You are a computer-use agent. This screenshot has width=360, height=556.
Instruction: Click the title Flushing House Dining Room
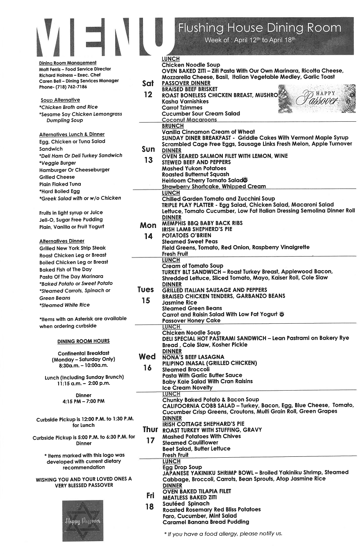259,28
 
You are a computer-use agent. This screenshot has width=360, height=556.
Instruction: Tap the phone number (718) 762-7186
70,87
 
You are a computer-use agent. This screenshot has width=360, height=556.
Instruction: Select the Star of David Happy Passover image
83,521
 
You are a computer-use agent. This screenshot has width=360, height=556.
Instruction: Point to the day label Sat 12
148,89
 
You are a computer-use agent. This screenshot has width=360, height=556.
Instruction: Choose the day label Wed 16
147,362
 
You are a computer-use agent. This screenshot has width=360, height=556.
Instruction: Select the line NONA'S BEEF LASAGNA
193,357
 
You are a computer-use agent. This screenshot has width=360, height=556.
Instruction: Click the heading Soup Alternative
60,100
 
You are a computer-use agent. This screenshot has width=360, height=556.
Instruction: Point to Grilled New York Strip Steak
73,248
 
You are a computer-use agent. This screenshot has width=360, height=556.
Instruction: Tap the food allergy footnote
223,534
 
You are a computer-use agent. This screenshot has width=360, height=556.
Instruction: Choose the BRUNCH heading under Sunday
173,126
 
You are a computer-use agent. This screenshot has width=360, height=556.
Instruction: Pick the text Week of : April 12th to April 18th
250,40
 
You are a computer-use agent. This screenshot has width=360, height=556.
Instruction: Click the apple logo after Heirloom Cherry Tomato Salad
245,180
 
